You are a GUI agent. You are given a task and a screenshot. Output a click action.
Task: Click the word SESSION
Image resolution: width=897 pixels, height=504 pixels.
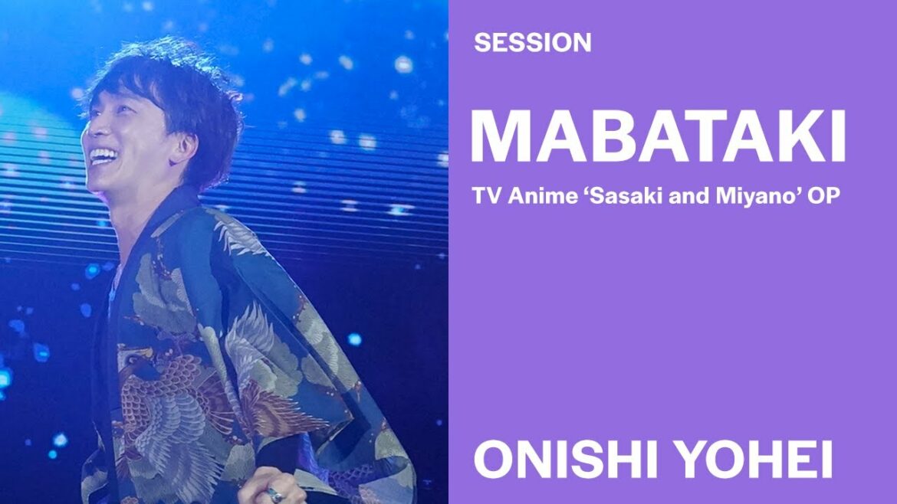click(x=533, y=43)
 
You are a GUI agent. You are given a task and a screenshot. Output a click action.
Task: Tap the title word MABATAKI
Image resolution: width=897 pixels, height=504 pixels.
click(x=658, y=136)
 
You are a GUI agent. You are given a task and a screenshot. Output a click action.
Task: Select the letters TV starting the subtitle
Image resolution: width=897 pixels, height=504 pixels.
click(x=487, y=196)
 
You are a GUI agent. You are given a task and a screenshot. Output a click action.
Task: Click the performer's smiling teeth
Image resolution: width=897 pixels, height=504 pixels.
click(x=102, y=155)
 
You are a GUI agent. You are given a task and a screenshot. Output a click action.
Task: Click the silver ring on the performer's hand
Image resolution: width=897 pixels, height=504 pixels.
click(x=274, y=493)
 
